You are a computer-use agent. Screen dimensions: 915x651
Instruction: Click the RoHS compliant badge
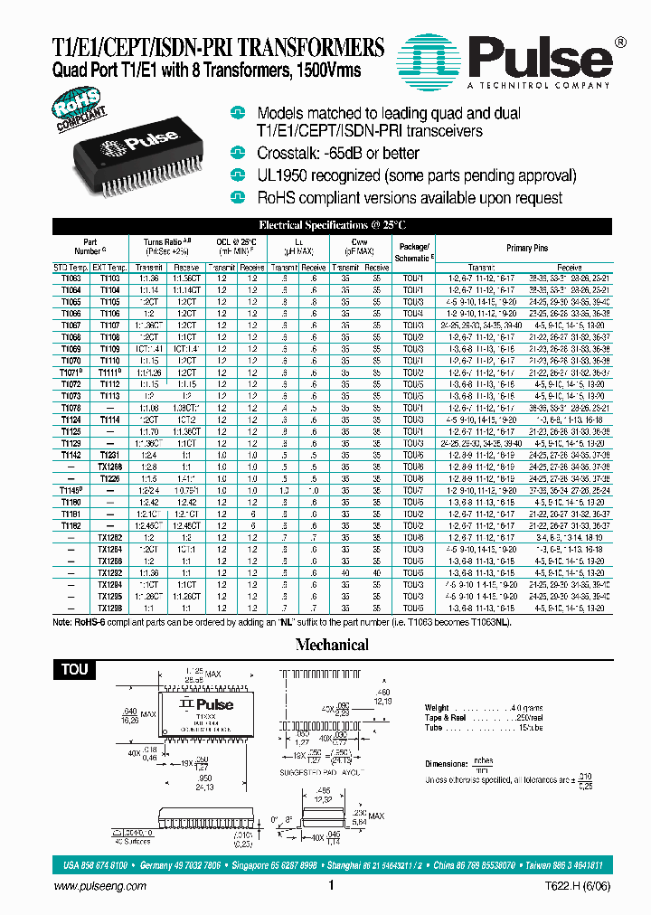pos(79,116)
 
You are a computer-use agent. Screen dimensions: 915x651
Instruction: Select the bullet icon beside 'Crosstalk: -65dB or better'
pos(238,154)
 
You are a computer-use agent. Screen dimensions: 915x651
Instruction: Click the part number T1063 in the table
pos(71,278)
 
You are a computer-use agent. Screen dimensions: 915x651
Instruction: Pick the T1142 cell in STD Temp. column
pos(71,455)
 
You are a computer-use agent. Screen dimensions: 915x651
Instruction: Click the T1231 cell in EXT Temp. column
pos(109,455)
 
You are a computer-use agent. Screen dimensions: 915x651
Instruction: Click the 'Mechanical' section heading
pos(332,645)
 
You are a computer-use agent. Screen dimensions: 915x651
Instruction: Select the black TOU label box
pos(75,669)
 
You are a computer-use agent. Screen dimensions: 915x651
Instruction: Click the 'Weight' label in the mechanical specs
pos(437,707)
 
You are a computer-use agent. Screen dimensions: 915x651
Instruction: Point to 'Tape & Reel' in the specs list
pos(447,717)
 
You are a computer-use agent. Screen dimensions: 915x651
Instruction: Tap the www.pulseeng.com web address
pos(95,889)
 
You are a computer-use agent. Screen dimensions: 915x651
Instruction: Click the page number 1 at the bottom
pos(332,888)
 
